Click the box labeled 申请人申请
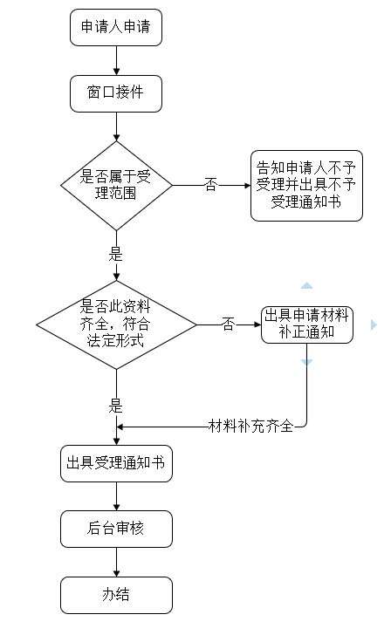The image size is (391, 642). click(116, 27)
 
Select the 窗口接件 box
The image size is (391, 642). click(116, 93)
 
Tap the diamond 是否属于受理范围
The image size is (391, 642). click(116, 185)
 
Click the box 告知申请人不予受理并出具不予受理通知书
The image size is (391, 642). click(306, 186)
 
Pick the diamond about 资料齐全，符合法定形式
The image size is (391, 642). click(116, 324)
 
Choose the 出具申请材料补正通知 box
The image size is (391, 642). click(307, 324)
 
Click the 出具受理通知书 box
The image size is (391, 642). click(116, 463)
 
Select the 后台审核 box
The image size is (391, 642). click(116, 529)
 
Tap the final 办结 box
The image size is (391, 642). click(116, 595)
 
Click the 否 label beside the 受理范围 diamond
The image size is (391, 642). click(210, 185)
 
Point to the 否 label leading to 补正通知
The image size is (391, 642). click(229, 324)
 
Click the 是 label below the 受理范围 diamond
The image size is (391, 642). click(115, 254)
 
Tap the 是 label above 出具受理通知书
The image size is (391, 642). click(115, 406)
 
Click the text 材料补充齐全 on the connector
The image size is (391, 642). click(250, 427)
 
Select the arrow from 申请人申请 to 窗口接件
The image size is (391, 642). click(116, 60)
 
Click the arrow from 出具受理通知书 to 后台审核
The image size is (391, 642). click(116, 496)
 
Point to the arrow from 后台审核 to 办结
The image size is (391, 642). click(116, 562)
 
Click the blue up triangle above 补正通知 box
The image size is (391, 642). click(306, 286)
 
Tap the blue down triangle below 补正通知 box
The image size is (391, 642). click(306, 362)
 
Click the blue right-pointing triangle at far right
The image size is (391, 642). click(374, 324)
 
